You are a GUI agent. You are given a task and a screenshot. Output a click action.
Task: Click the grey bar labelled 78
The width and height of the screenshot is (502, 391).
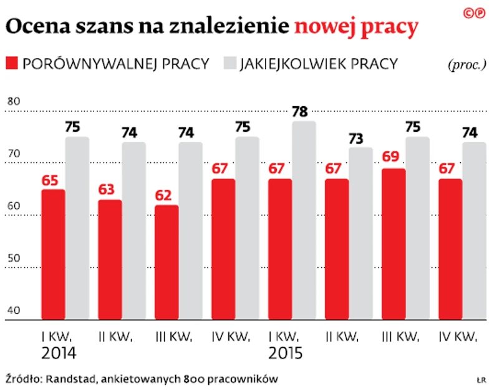pyautogui.click(x=304, y=220)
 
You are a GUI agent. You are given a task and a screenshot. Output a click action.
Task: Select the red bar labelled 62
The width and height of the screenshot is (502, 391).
pyautogui.click(x=168, y=262)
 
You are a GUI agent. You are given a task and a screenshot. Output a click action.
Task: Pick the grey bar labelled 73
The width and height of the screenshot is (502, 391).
pyautogui.click(x=360, y=234)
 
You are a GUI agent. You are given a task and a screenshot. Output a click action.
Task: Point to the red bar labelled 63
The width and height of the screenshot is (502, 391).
pyautogui.click(x=110, y=260)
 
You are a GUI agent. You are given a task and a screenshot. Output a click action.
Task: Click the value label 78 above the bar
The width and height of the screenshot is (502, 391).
pyautogui.click(x=299, y=112)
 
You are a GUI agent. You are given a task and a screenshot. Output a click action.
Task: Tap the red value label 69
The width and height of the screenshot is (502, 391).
pyautogui.click(x=390, y=157)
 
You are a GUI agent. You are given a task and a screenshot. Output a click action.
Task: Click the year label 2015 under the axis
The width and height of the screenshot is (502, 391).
pyautogui.click(x=286, y=354)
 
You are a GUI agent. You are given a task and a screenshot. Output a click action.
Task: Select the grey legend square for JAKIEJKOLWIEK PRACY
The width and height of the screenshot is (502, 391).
pyautogui.click(x=229, y=64)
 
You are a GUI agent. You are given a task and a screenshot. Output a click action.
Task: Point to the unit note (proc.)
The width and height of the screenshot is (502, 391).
pyautogui.click(x=466, y=65)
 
